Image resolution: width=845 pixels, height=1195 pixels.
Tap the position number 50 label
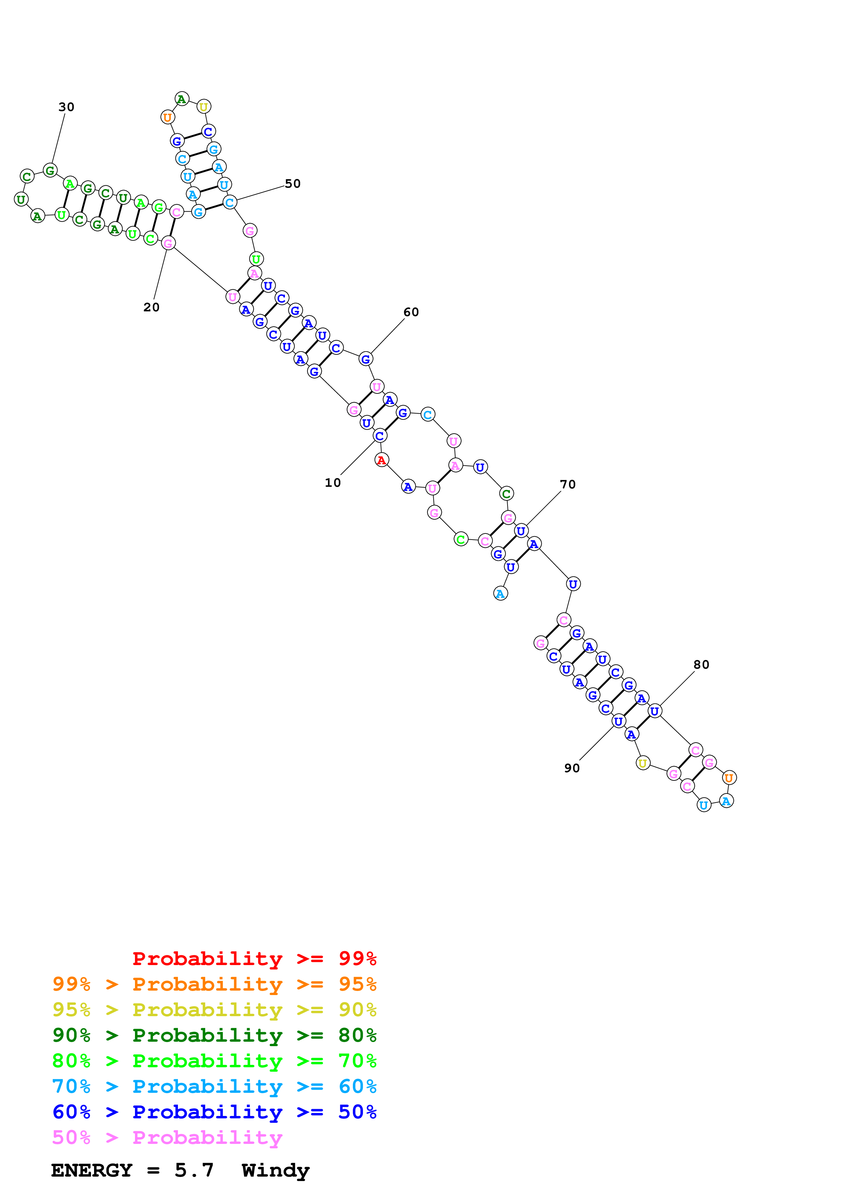click(292, 183)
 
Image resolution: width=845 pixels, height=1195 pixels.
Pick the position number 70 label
click(568, 484)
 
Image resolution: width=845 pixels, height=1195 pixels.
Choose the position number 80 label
click(701, 664)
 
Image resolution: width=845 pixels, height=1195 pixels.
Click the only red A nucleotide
click(382, 460)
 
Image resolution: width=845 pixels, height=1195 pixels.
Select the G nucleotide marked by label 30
click(50, 170)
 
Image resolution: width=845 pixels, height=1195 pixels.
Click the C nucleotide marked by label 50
click(230, 202)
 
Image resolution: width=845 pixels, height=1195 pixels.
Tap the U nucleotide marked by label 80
click(654, 711)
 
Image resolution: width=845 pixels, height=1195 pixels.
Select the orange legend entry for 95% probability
click(214, 984)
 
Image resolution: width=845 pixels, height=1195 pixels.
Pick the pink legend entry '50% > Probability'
click(167, 1137)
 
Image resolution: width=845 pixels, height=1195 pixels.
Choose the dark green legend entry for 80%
click(214, 1035)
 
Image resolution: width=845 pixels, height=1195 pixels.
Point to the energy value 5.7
click(194, 1170)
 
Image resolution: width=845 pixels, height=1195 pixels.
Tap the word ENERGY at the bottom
click(92, 1170)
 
